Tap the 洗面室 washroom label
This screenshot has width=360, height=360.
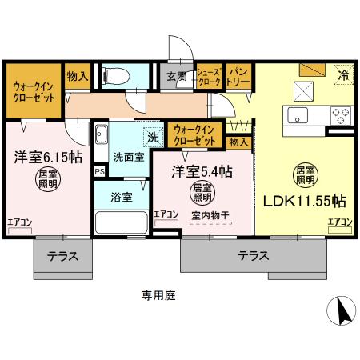128,157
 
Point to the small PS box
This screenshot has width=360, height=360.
99,171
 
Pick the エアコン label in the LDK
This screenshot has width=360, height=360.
339,222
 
